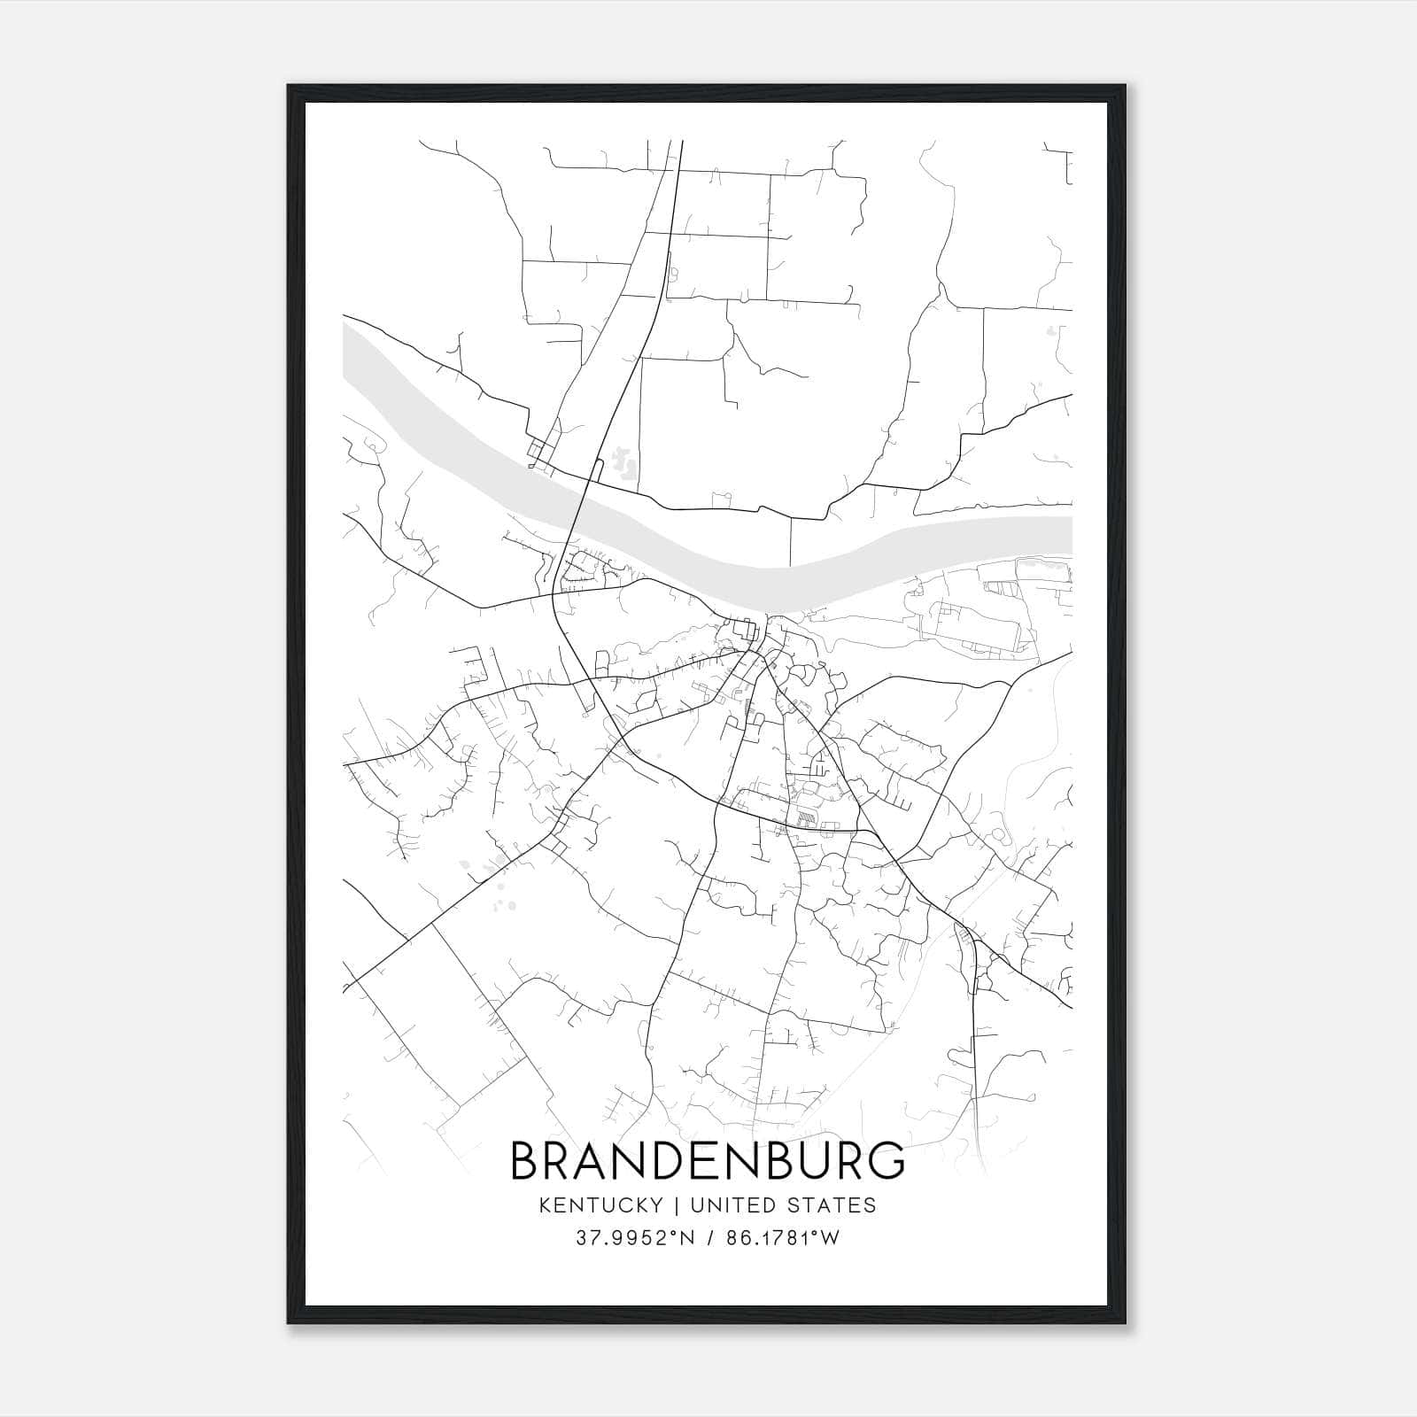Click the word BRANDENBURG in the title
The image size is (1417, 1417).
(x=708, y=1161)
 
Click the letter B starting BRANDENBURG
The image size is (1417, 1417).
(x=526, y=1161)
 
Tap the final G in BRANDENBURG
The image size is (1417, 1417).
(x=887, y=1161)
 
